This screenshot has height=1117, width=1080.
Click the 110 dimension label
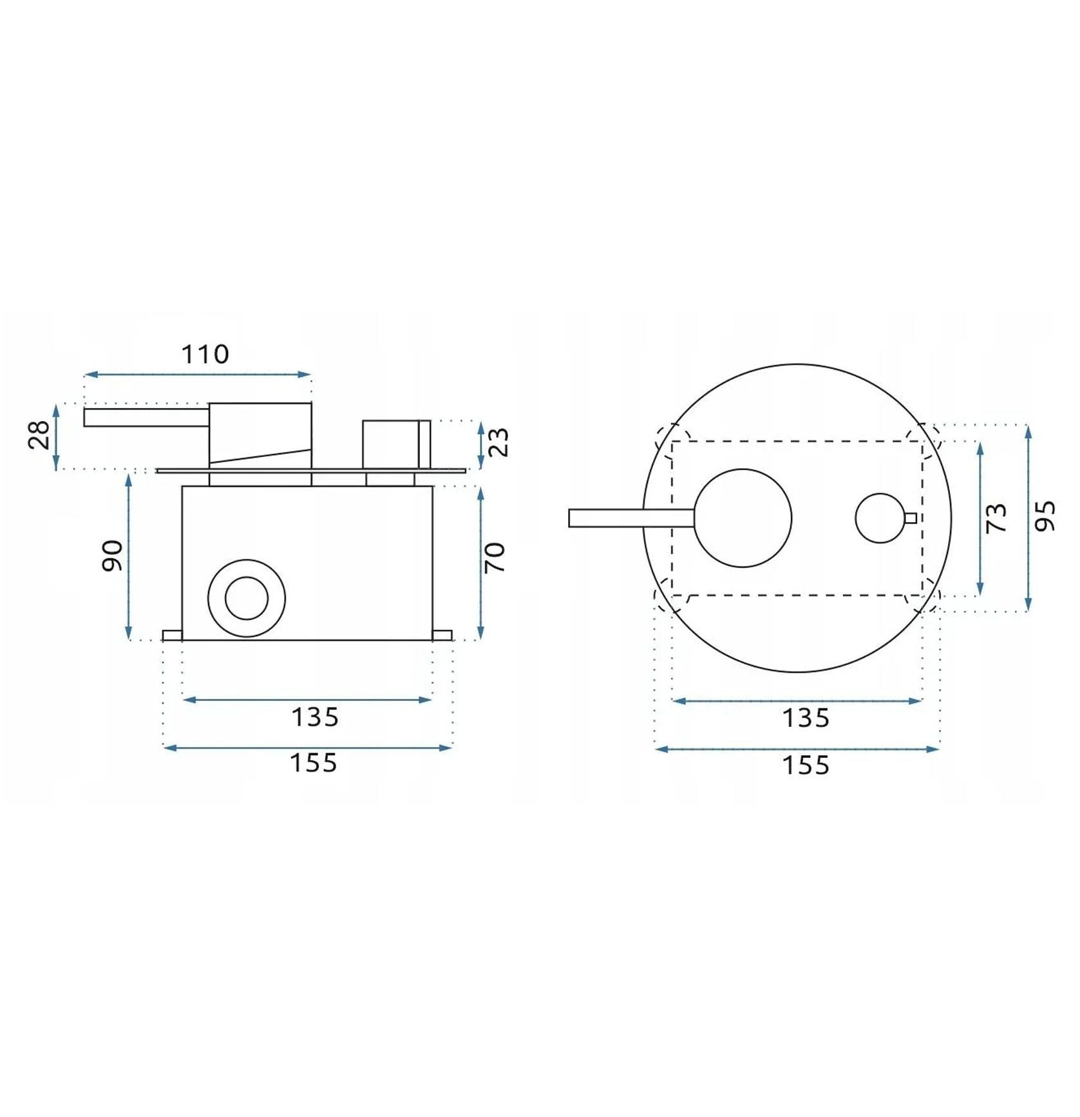[x=205, y=354]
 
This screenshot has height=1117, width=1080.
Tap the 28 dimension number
[x=40, y=435]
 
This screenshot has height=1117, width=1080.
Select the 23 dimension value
[x=498, y=442]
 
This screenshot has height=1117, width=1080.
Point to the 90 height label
[x=113, y=556]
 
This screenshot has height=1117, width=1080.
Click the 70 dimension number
[x=495, y=558]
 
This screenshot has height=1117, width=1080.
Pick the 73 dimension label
[x=996, y=518]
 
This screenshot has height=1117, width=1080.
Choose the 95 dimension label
[x=1045, y=516]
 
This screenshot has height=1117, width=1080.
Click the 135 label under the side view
[x=315, y=717]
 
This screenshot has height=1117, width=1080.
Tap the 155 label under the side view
[x=314, y=763]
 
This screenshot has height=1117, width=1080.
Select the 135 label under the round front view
[x=806, y=718]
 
